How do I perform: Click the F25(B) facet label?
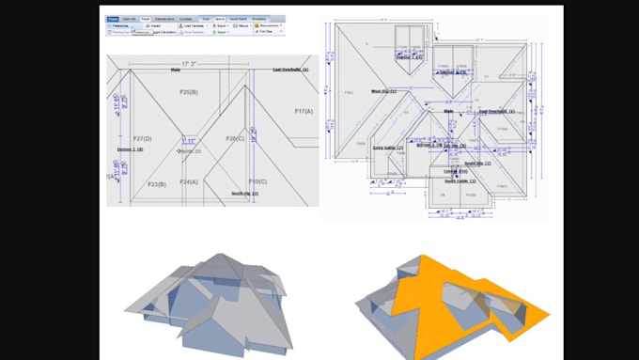click(x=188, y=92)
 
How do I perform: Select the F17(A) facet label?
click(x=304, y=111)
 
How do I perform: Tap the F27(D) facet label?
click(x=143, y=138)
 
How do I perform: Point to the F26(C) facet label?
click(x=235, y=138)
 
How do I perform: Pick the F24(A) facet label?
click(x=189, y=181)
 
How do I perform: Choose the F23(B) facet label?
click(x=157, y=184)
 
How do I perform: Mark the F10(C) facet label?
click(x=257, y=181)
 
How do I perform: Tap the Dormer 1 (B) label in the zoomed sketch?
click(x=130, y=149)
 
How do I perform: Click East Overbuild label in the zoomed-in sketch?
click(x=290, y=70)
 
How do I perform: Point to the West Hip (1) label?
click(x=382, y=91)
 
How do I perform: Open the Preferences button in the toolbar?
click(x=117, y=25)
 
